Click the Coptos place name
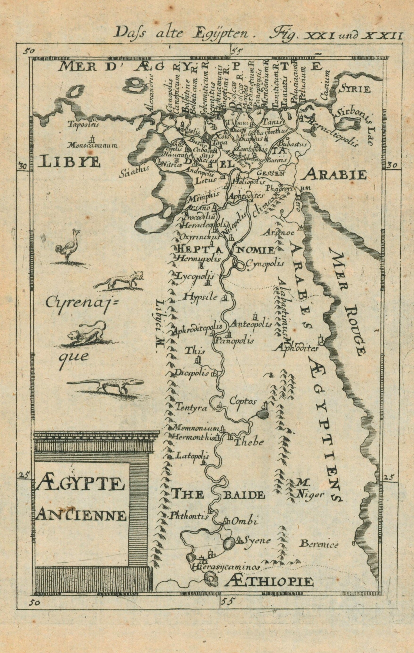pos(243,402)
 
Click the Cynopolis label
pos(265,263)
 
